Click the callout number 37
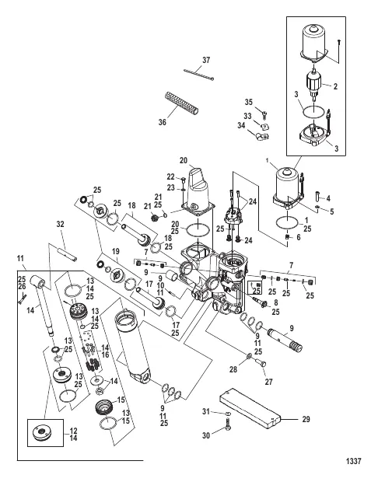[x=206, y=60]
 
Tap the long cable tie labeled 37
[x=198, y=75]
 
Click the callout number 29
[x=306, y=419]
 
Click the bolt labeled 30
[x=228, y=428]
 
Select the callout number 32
[x=61, y=224]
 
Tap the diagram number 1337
[x=353, y=461]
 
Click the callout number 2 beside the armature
[x=335, y=86]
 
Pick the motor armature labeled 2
[x=314, y=86]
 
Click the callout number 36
[x=162, y=122]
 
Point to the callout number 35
[x=249, y=102]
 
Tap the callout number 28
[x=233, y=368]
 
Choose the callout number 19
[x=115, y=251]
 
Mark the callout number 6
[x=298, y=237]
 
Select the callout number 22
[x=170, y=176]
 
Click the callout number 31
[x=206, y=411]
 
